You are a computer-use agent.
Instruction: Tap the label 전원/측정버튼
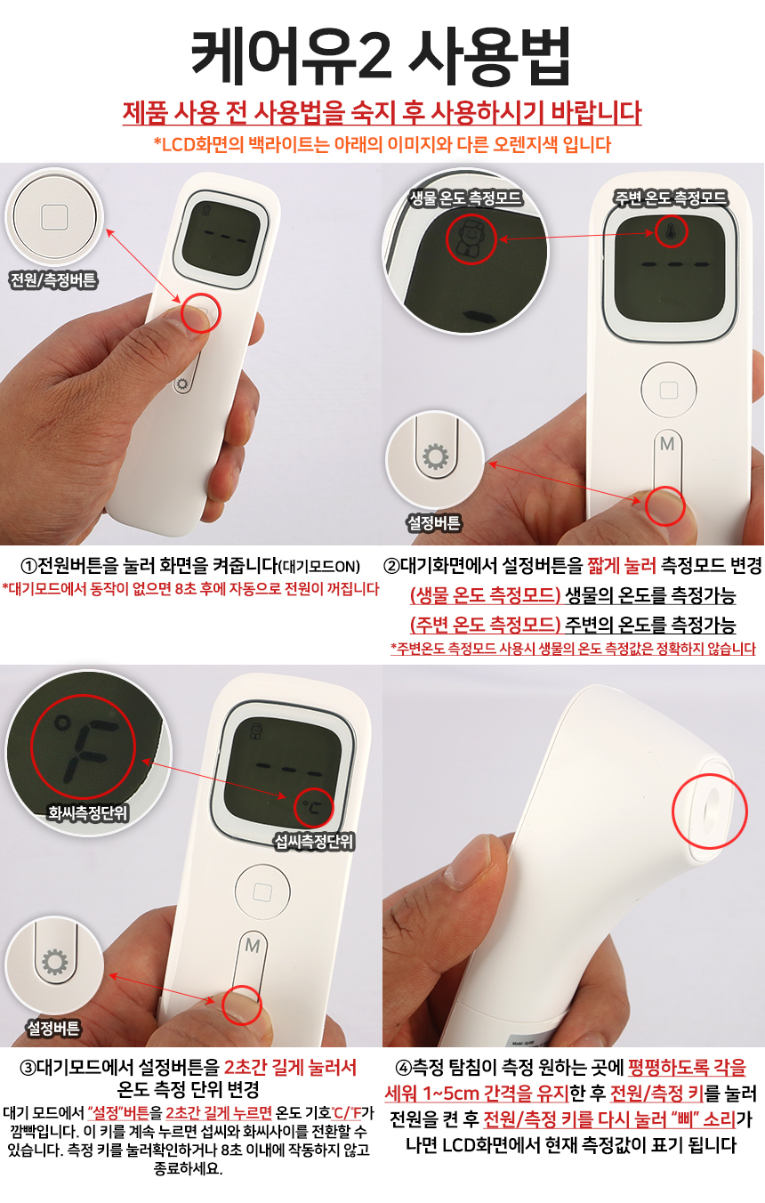click(x=53, y=279)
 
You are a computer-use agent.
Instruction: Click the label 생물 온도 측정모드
click(x=466, y=198)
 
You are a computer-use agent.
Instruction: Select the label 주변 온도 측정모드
click(x=671, y=198)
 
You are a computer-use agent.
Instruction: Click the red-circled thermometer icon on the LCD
click(x=671, y=231)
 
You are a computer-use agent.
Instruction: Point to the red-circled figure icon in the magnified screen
click(x=470, y=239)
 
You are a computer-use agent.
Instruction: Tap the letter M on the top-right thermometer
click(x=667, y=444)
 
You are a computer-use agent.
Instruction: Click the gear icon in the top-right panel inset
click(x=435, y=456)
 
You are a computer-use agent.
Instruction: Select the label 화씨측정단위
click(x=87, y=812)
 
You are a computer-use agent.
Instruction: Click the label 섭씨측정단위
click(x=313, y=841)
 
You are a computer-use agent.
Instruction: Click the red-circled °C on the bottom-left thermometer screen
click(x=312, y=807)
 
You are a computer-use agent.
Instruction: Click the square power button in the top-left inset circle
click(x=54, y=217)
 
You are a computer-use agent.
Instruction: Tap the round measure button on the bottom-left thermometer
click(x=262, y=892)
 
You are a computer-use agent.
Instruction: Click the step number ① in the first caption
click(x=28, y=566)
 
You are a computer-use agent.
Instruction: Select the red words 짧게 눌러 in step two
click(x=621, y=566)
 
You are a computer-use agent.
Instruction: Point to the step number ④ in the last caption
click(x=403, y=1069)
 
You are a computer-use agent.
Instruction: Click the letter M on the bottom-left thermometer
click(x=253, y=945)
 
